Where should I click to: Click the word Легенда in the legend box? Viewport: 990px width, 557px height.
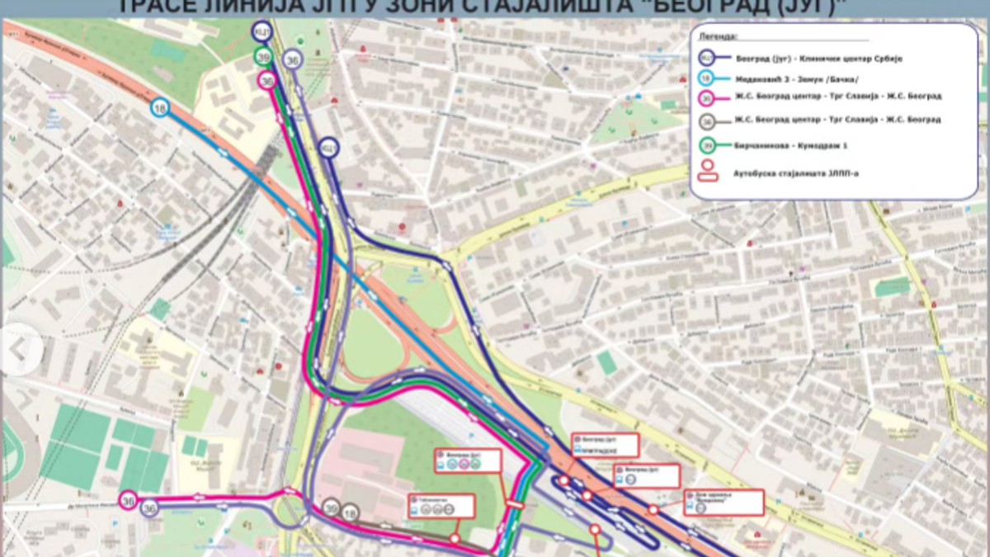point(719,37)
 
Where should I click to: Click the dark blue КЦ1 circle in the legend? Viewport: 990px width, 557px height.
point(707,58)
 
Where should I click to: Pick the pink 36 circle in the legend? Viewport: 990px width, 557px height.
point(707,96)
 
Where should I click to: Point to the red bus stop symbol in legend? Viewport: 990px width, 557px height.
point(707,171)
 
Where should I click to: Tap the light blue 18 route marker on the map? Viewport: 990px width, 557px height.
point(160,106)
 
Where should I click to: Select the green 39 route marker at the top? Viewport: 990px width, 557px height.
point(263,57)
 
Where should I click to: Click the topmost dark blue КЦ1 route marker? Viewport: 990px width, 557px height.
point(262,31)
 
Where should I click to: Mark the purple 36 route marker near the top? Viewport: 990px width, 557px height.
point(292,59)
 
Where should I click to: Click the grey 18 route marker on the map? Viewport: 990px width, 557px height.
point(350,512)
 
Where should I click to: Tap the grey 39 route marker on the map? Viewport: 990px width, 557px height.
point(331,507)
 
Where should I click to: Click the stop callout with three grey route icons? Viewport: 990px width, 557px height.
point(441,505)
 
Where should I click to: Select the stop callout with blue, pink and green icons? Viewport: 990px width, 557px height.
point(469,460)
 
